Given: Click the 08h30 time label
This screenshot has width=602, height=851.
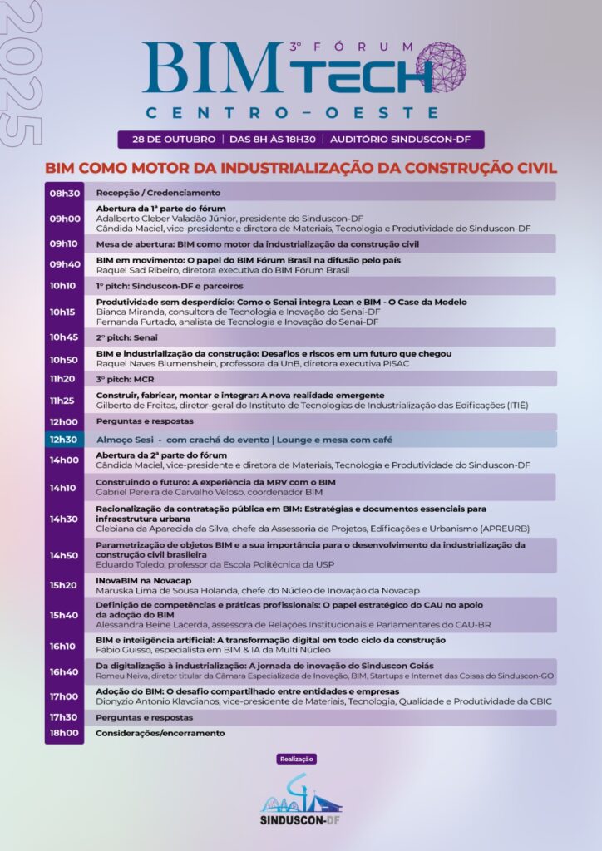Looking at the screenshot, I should [64, 193].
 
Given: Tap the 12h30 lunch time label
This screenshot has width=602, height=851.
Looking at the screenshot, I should [64, 440].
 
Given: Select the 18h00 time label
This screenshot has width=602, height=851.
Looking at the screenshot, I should [64, 733].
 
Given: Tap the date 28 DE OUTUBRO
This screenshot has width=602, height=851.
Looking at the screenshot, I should [169, 140].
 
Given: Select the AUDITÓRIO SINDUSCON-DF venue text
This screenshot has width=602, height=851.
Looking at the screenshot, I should [402, 140].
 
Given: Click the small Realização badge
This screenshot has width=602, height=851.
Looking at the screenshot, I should [297, 759].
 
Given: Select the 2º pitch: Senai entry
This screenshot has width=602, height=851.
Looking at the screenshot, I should [126, 337].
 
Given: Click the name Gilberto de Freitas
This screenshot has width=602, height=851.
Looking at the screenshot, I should [137, 405].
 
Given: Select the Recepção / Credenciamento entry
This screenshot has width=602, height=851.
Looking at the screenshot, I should [146, 193].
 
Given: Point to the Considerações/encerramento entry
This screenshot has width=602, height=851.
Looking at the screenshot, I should [160, 733].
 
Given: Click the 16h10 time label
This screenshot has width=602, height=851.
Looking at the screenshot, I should [64, 646].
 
